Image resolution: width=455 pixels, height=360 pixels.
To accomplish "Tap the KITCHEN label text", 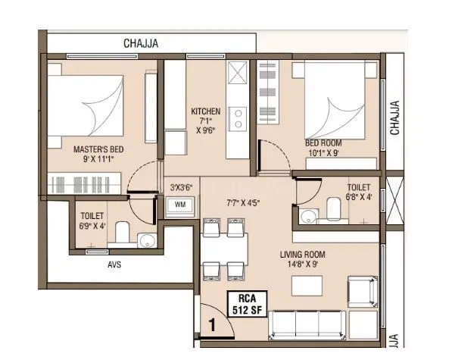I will click(x=205, y=111).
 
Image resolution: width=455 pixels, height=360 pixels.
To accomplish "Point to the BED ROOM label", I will click(x=323, y=142).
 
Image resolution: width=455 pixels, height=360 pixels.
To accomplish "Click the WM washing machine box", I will click(x=180, y=205).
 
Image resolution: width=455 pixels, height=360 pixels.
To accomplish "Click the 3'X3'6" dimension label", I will click(x=180, y=187).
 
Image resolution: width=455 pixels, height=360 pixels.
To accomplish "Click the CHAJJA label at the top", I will click(x=141, y=44).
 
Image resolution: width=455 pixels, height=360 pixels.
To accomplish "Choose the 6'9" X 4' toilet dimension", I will click(x=92, y=226).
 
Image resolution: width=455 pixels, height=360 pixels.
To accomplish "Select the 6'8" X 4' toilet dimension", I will click(x=359, y=198).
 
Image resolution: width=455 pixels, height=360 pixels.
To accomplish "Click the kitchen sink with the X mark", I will click(x=238, y=75).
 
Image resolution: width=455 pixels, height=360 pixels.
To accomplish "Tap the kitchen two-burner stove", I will click(x=238, y=117).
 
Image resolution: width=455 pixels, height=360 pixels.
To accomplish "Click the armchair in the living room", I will click(x=361, y=292).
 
